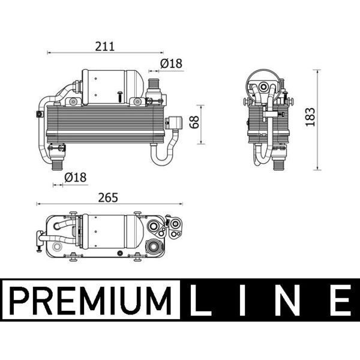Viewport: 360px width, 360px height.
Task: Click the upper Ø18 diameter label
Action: tap(171, 64)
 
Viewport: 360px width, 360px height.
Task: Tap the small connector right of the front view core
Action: tap(176, 122)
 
